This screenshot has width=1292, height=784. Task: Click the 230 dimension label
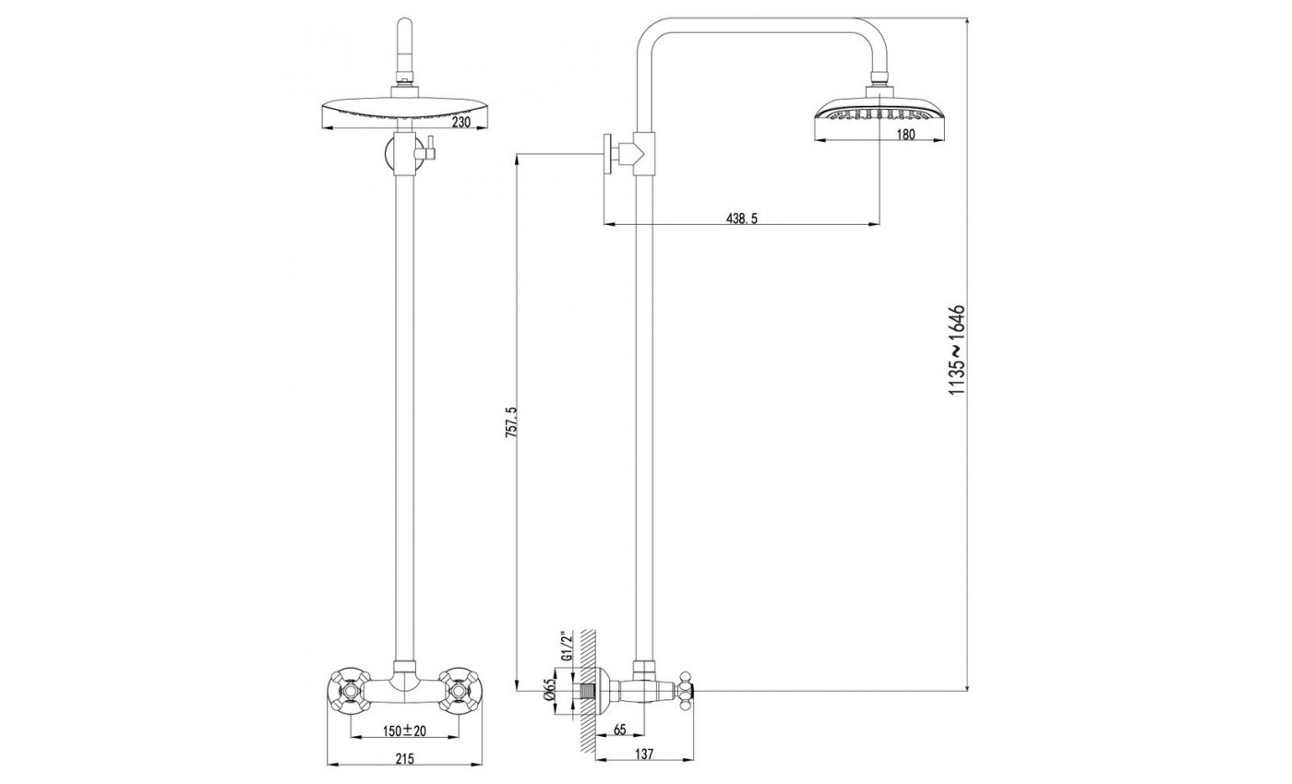click(461, 123)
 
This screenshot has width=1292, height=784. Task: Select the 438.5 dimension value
click(741, 219)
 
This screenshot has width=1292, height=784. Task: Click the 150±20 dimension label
click(405, 731)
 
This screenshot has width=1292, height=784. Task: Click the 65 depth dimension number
click(618, 730)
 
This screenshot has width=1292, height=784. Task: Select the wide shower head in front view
click(404, 113)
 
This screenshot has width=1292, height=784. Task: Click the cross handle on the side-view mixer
click(688, 688)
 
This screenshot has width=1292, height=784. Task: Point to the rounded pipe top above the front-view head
click(404, 37)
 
